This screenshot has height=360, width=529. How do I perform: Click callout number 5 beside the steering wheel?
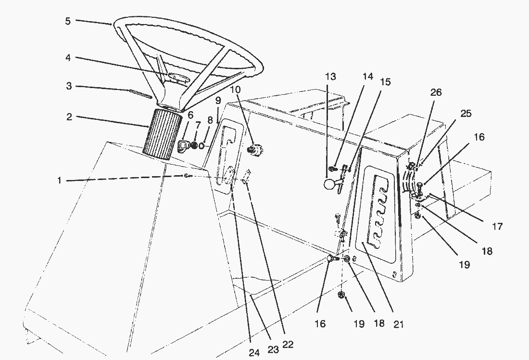pyautogui.click(x=68, y=21)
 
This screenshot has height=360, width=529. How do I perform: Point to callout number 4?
pyautogui.click(x=68, y=57)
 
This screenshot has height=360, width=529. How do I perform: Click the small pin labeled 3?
pyautogui.click(x=140, y=93)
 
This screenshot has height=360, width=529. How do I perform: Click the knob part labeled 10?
pyautogui.click(x=254, y=150)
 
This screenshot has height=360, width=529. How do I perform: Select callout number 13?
pyautogui.click(x=330, y=77)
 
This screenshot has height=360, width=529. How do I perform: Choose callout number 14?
pyautogui.click(x=368, y=77)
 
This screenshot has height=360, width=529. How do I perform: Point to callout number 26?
pyautogui.click(x=436, y=92)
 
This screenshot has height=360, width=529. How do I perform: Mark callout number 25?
pyautogui.click(x=466, y=114)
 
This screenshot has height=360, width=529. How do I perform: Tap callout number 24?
pyautogui.click(x=254, y=353)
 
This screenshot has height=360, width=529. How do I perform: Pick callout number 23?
pyautogui.click(x=273, y=349)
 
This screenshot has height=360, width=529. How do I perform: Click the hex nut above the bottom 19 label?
pyautogui.click(x=342, y=295)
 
